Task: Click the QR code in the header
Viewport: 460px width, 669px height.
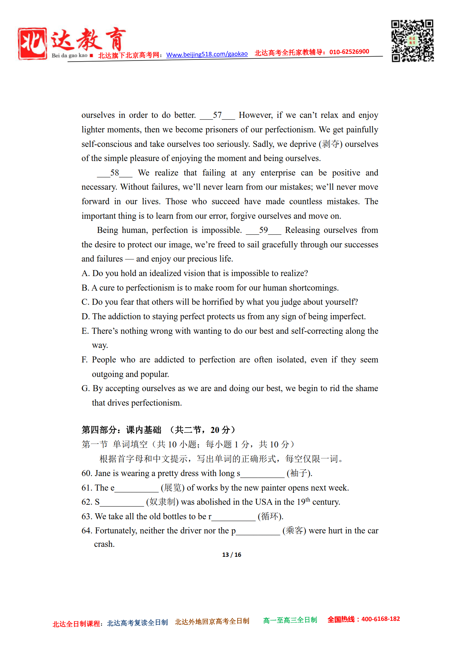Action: pos(412,41)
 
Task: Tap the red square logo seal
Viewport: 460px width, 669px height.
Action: pos(32,43)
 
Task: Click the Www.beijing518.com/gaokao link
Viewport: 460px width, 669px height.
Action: pos(207,54)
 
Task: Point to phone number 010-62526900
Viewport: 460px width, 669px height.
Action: pos(349,52)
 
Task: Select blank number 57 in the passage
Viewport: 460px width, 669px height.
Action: pos(217,115)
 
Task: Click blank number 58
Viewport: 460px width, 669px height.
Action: pos(114,173)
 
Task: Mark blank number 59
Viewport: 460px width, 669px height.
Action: pos(263,230)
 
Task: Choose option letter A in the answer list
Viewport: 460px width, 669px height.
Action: pos(85,274)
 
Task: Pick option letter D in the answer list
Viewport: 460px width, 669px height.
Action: pos(85,317)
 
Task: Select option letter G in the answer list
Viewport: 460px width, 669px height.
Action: pos(85,389)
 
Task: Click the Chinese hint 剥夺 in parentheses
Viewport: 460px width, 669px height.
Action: pos(331,144)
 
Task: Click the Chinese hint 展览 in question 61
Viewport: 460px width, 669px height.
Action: pos(173,488)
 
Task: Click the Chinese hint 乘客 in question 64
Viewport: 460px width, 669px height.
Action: pos(294,531)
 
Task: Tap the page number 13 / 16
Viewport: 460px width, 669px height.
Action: pos(232,555)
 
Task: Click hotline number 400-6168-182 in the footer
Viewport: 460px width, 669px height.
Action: pos(380,619)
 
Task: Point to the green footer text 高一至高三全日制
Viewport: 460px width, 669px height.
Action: pos(290,620)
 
